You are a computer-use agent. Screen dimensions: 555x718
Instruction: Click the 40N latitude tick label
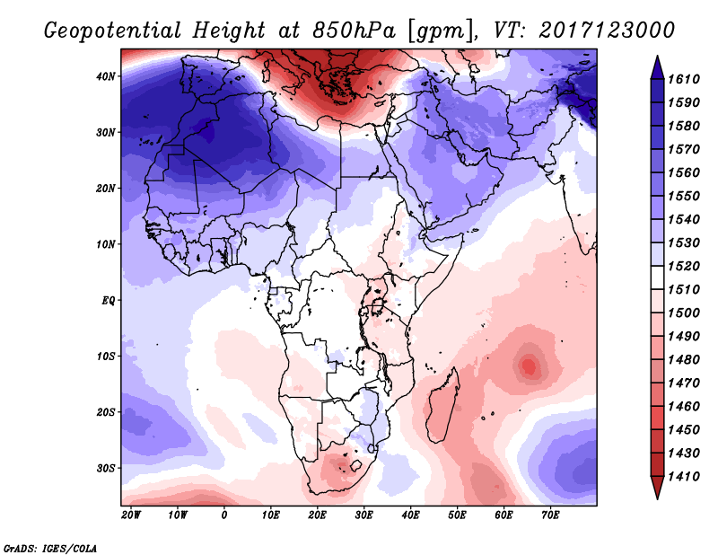106,76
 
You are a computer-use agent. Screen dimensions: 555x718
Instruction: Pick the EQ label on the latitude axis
108,300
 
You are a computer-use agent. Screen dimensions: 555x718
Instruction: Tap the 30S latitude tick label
106,468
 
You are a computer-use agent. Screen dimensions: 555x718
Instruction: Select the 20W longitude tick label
130,515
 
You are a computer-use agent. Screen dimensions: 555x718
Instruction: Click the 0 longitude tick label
224,515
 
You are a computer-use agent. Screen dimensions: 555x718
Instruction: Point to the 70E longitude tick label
550,515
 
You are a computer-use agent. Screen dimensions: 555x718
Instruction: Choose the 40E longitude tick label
410,515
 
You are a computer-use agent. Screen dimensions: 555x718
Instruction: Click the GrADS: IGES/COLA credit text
50,546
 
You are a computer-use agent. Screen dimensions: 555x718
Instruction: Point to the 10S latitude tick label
106,357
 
